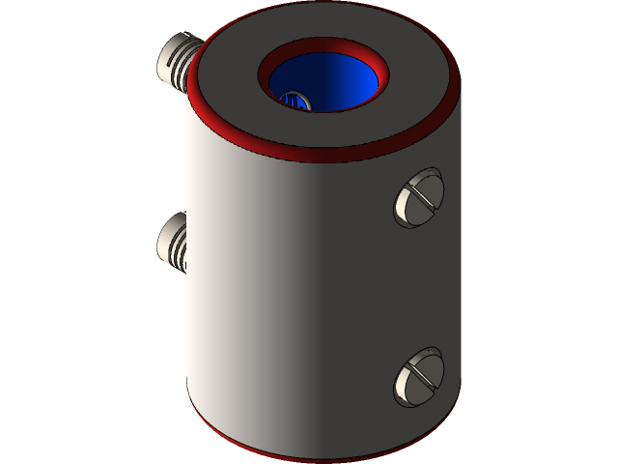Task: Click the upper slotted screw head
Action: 418,198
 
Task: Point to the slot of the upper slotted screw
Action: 419,197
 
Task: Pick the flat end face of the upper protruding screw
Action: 165,61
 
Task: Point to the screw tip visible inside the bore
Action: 293,100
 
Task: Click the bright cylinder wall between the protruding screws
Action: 208,155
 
